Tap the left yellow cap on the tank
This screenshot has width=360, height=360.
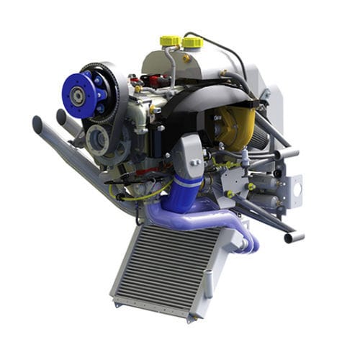(x=169, y=40)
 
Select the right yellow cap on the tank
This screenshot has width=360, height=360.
(x=192, y=42)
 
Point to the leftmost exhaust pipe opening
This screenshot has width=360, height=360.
(x=37, y=123)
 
